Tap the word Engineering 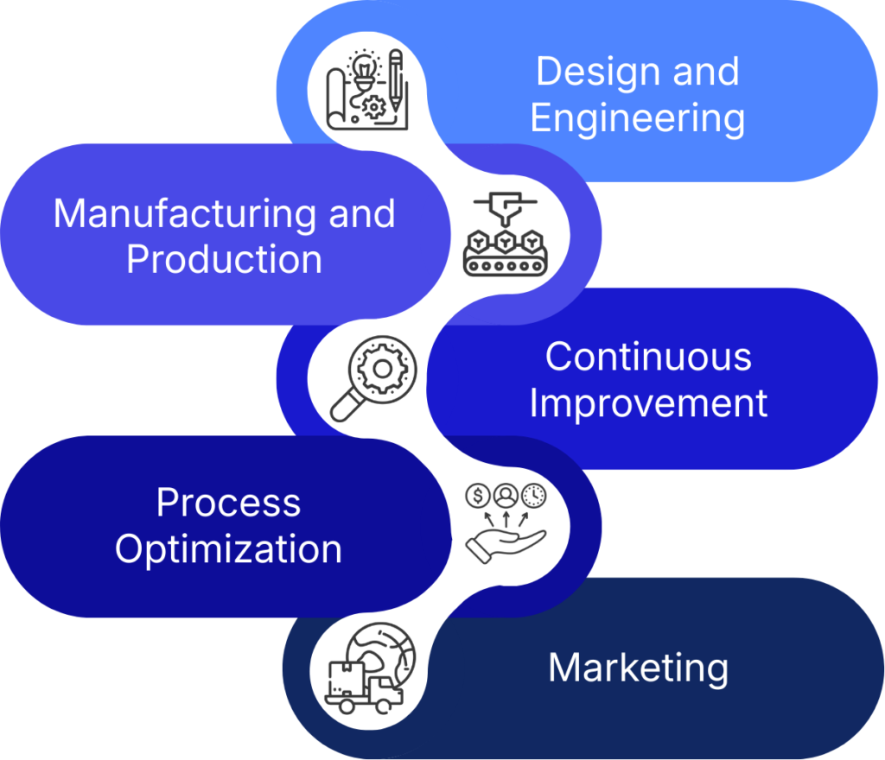click(x=637, y=118)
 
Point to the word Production click(x=224, y=259)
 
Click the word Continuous click(x=648, y=357)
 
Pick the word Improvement click(x=648, y=403)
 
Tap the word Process click(x=228, y=503)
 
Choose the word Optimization click(x=228, y=549)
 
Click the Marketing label click(x=638, y=668)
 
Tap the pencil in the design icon click(x=395, y=78)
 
